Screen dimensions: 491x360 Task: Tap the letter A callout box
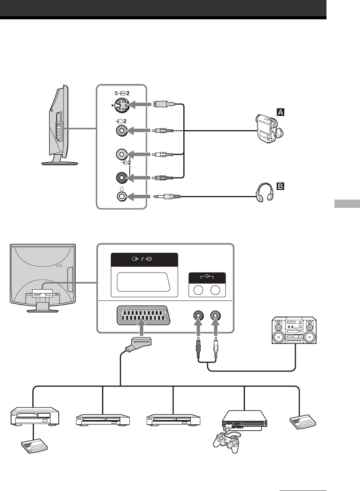coord(280,112)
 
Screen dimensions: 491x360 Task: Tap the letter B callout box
coord(280,185)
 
